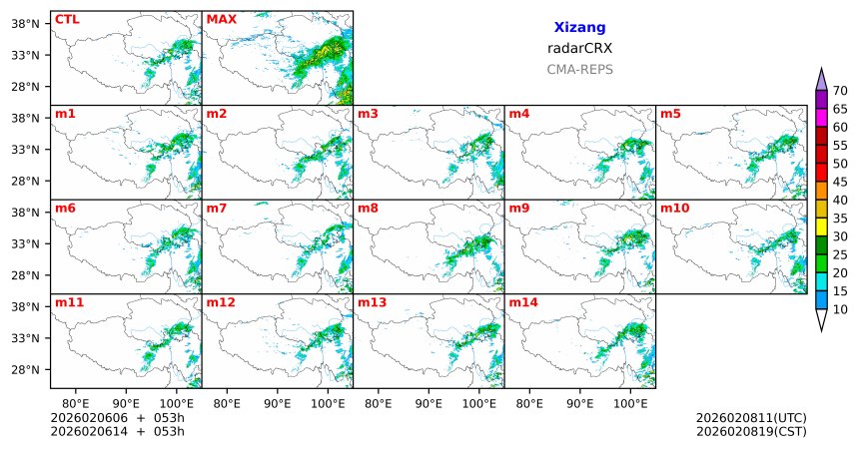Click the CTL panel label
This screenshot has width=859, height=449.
pos(67,19)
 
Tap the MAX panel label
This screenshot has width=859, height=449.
pos(221,19)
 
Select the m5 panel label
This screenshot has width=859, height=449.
pos(671,113)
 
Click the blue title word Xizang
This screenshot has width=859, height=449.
pos(579,28)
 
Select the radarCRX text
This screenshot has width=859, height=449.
pos(579,48)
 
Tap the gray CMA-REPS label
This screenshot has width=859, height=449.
pos(579,70)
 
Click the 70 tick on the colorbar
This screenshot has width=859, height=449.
pos(840,92)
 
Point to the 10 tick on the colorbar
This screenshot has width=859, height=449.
pos(840,310)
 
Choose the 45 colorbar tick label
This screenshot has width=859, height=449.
pos(840,182)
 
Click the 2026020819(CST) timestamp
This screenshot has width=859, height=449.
pos(750,431)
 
